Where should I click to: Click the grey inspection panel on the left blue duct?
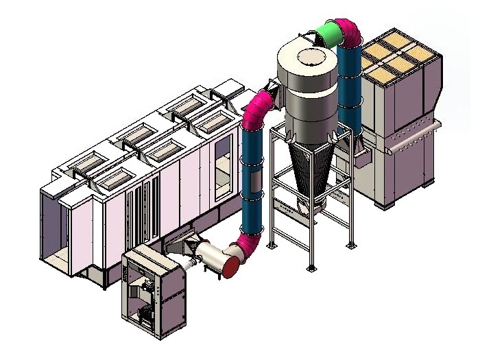tap(254, 183)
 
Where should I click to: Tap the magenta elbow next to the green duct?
tap(349, 33)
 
